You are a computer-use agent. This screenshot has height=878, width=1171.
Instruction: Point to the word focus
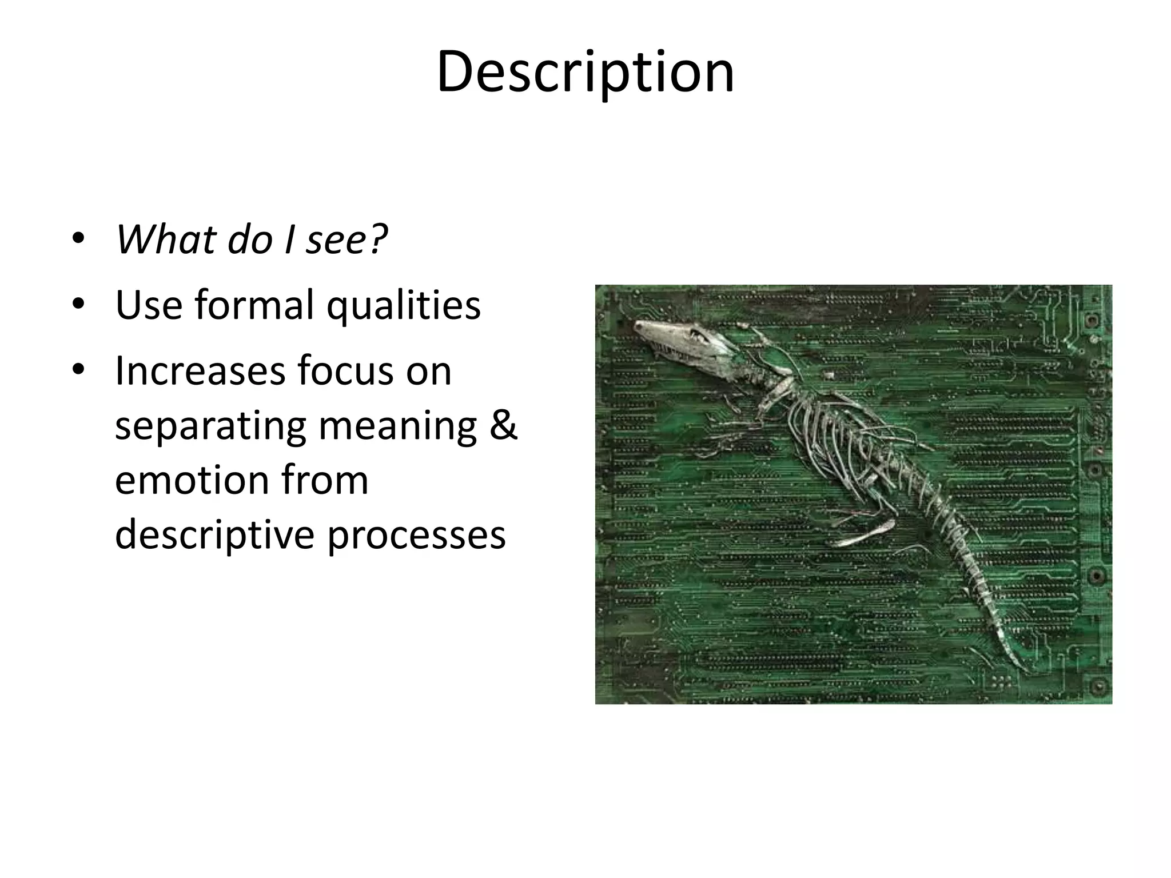(x=346, y=371)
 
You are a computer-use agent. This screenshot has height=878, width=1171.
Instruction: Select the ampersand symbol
(x=503, y=426)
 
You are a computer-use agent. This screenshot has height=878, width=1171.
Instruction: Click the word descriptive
(x=214, y=535)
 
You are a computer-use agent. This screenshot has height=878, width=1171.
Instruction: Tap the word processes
(x=416, y=536)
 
